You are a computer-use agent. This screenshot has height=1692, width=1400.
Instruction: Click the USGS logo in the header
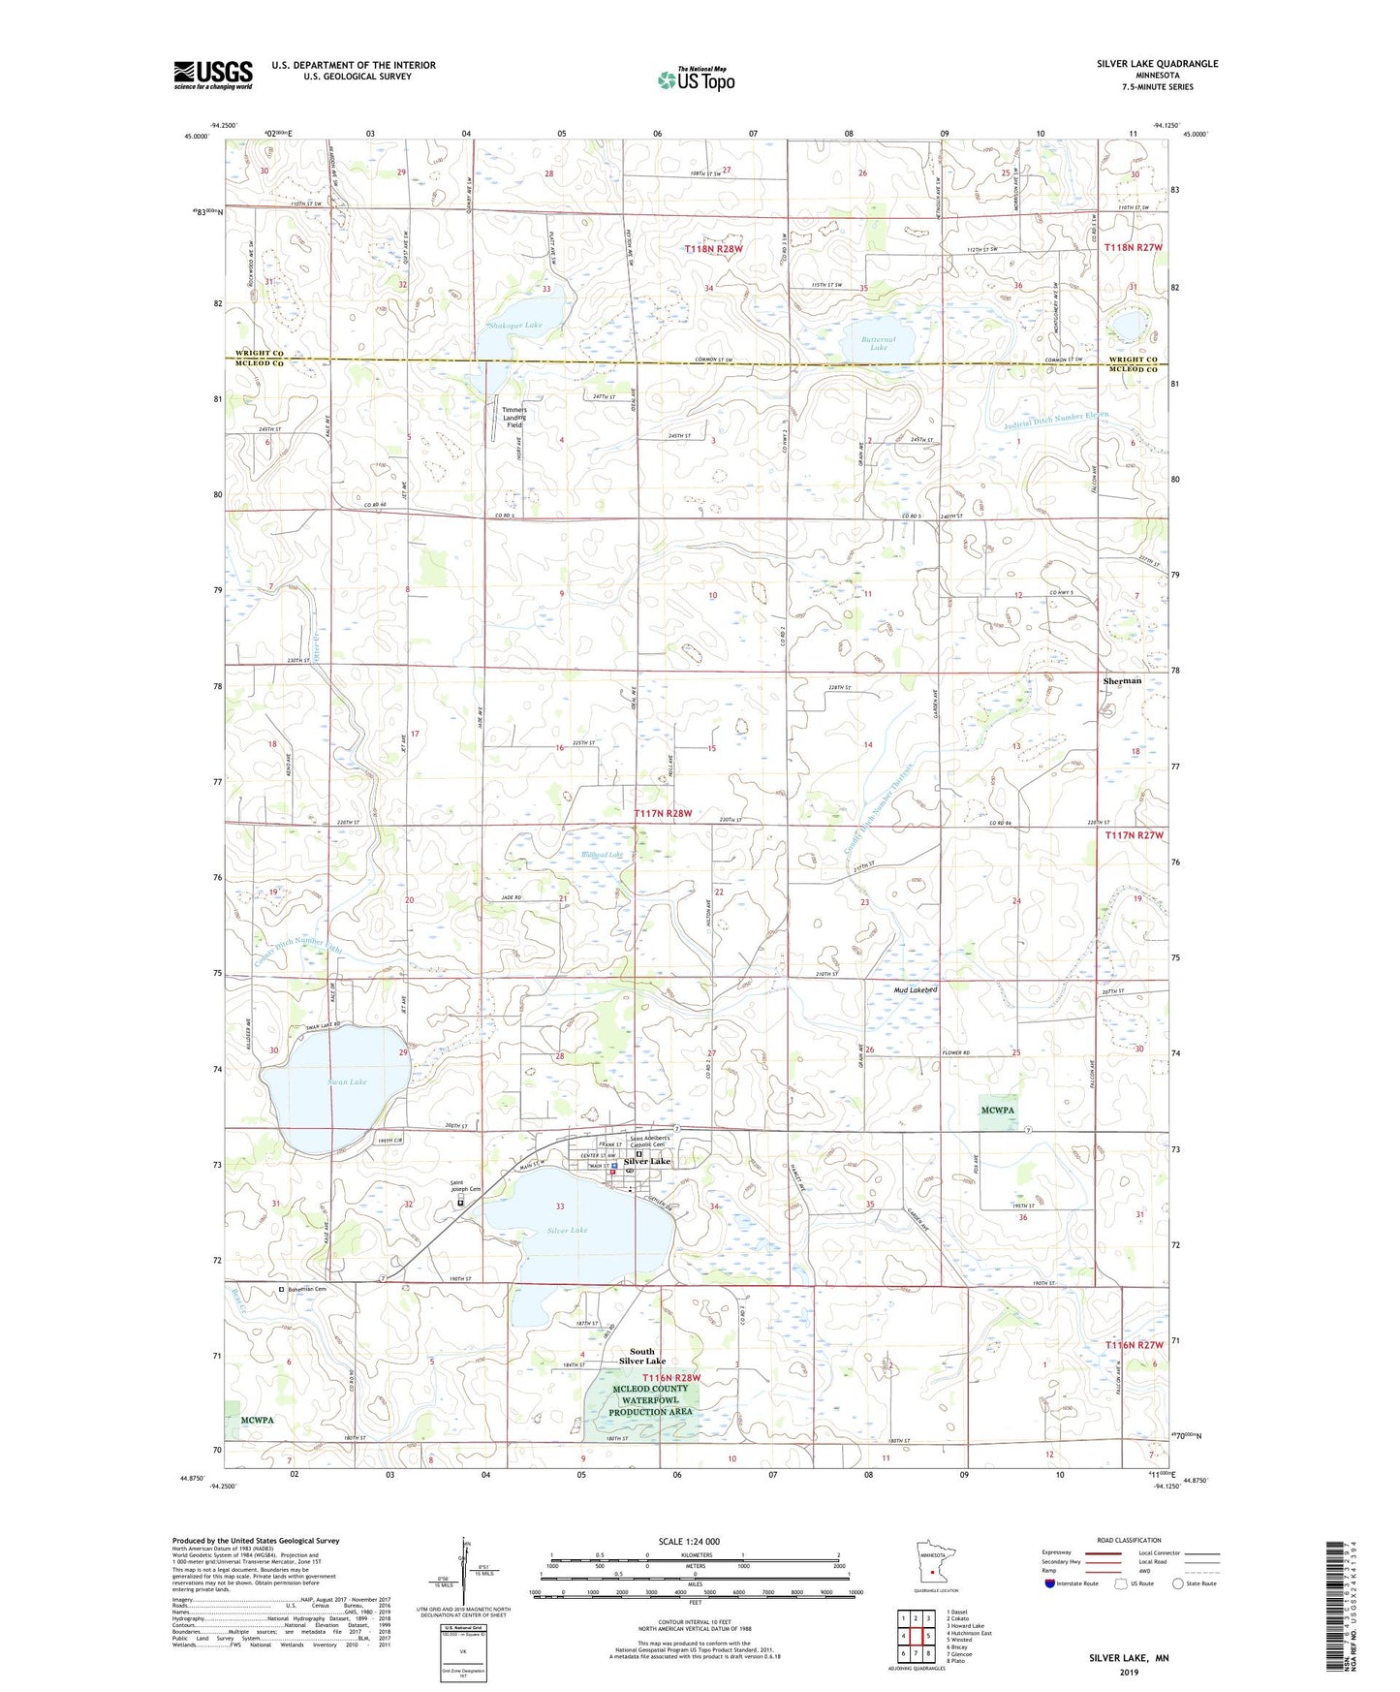212,74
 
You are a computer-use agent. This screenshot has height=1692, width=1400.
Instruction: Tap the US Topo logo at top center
696,79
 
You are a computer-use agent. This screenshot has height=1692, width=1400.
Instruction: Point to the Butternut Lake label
878,341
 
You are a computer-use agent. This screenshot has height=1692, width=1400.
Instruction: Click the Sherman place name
1122,680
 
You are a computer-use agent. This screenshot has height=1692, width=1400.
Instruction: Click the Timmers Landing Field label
514,417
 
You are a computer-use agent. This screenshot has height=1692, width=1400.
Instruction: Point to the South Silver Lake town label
641,1356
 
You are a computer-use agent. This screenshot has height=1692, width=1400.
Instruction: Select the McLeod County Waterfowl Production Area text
649,1399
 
